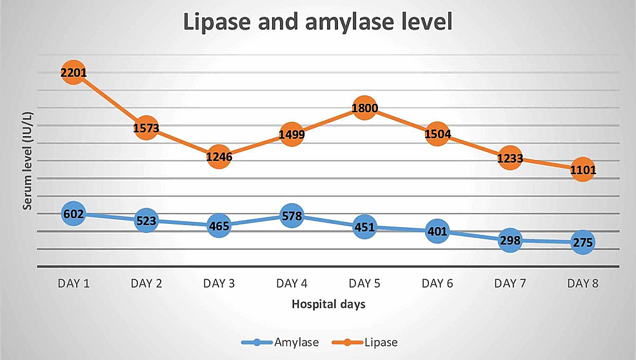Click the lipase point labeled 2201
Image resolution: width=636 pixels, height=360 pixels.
73,74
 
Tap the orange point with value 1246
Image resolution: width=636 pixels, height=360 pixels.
219,156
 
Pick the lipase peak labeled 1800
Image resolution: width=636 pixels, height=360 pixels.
364,108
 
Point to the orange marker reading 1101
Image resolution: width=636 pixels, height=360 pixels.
582,170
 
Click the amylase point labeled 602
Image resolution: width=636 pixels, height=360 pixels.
73,214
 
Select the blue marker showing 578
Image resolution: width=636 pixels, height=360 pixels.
292,216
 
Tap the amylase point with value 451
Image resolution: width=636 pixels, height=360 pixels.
364,227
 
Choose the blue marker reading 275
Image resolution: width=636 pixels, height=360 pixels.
582,242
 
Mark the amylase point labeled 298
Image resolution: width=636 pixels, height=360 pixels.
510,240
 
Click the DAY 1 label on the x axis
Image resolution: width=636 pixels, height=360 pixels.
73,283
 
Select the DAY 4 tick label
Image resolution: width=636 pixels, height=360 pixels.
292,283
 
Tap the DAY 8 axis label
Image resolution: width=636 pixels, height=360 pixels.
582,283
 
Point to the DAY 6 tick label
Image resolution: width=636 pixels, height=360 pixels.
437,283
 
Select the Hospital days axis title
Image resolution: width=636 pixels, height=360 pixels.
328,304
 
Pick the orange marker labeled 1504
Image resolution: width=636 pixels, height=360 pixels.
437,134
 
